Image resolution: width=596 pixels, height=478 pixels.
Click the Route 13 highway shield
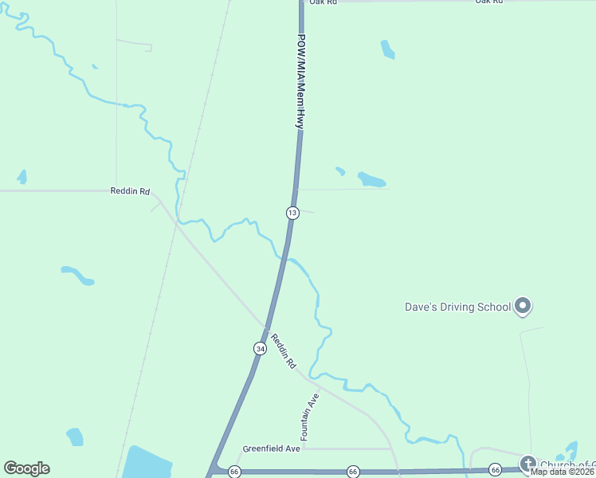pyautogui.click(x=292, y=212)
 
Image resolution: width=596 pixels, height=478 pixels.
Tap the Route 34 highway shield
pyautogui.click(x=260, y=348)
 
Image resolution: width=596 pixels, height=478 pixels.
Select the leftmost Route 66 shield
pyautogui.click(x=234, y=472)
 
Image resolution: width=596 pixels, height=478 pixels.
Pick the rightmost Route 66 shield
pyautogui.click(x=495, y=470)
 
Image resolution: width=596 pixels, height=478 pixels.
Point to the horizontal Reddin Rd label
pyautogui.click(x=130, y=191)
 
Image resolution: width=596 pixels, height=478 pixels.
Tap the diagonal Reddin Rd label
pyautogui.click(x=283, y=351)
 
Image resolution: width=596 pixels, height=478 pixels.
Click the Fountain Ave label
pyautogui.click(x=310, y=417)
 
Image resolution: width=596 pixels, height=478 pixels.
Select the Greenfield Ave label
pyautogui.click(x=271, y=449)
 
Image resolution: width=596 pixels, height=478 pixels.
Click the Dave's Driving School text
pyautogui.click(x=457, y=307)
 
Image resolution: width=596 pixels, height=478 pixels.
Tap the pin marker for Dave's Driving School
pyautogui.click(x=523, y=305)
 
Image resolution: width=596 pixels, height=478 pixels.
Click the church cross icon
pyautogui.click(x=527, y=464)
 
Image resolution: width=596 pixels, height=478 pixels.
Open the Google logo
pyautogui.click(x=26, y=468)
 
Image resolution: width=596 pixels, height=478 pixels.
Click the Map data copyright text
pyautogui.click(x=563, y=472)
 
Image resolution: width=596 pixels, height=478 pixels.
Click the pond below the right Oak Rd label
pyautogui.click(x=387, y=49)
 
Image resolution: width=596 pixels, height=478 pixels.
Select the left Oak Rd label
pyautogui.click(x=323, y=2)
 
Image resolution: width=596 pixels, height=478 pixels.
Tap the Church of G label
pyautogui.click(x=567, y=465)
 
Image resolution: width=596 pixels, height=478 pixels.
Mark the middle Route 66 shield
pyautogui.click(x=353, y=472)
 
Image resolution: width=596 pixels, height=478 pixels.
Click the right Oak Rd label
pyautogui.click(x=489, y=2)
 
